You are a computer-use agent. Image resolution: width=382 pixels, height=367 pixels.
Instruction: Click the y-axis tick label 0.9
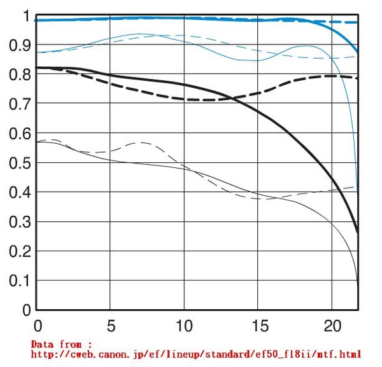pyautogui.click(x=19, y=46)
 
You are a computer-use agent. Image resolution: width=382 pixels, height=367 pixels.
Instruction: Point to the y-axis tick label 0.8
pyautogui.click(x=19, y=75)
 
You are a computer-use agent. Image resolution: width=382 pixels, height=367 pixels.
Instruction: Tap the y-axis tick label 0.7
pyautogui.click(x=19, y=104)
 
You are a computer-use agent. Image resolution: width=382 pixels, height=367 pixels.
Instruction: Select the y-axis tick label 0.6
pyautogui.click(x=19, y=134)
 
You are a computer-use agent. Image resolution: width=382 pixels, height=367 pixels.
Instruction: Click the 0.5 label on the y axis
pyautogui.click(x=19, y=163)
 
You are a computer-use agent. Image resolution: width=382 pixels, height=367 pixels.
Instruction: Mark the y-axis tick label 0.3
pyautogui.click(x=19, y=223)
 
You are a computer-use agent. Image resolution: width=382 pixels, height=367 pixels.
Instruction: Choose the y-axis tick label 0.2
pyautogui.click(x=19, y=252)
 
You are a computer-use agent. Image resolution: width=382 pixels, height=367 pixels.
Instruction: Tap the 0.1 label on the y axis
pyautogui.click(x=19, y=281)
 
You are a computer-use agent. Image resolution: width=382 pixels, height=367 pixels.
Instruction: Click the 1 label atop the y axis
pyautogui.click(x=26, y=17)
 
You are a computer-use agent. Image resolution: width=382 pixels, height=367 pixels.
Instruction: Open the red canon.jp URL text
pyautogui.click(x=196, y=354)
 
